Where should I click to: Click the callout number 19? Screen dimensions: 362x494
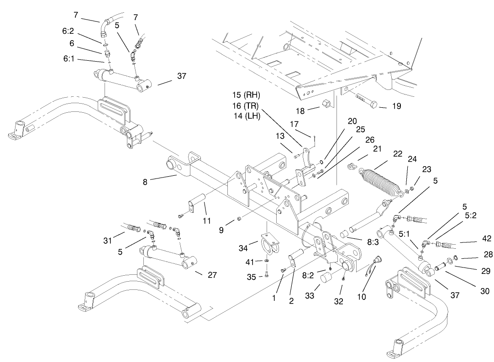[x=396, y=106]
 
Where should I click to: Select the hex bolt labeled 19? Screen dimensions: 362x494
[x=363, y=100]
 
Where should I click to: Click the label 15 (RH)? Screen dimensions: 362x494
[x=246, y=96]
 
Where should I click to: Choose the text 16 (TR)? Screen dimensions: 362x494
[x=246, y=106]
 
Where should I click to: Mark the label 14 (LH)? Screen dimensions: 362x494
[x=246, y=116]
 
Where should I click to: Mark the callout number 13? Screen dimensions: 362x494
[x=280, y=136]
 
